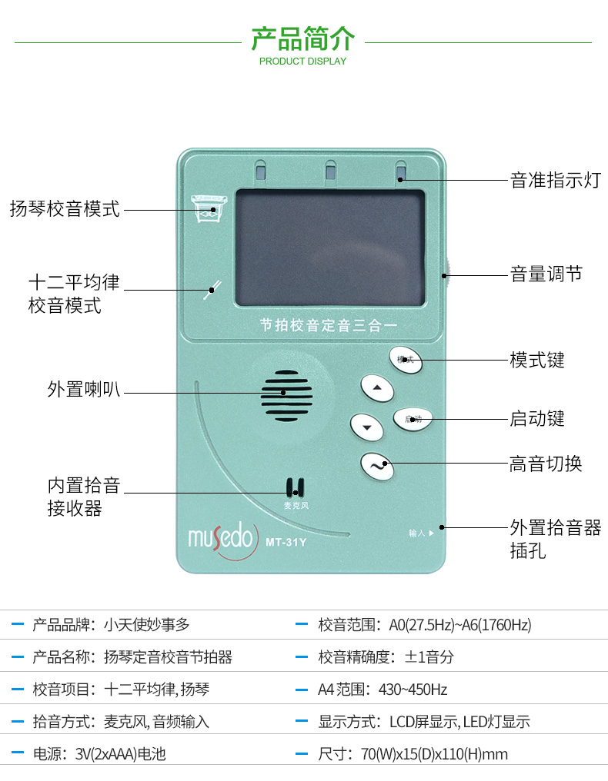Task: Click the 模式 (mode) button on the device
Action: tap(406, 359)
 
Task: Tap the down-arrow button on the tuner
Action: tap(367, 427)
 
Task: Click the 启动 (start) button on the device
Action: tap(413, 419)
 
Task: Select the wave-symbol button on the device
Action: tap(377, 465)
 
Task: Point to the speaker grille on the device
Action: tap(286, 393)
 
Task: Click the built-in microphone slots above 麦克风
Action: tap(295, 487)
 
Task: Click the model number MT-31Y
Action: tap(286, 543)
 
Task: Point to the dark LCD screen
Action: tap(329, 246)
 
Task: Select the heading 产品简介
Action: tap(303, 38)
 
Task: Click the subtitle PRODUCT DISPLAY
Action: tap(303, 61)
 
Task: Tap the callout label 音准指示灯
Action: tap(555, 181)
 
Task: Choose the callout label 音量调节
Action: tap(546, 274)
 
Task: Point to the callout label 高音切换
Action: tap(546, 464)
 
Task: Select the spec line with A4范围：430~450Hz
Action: tap(383, 690)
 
